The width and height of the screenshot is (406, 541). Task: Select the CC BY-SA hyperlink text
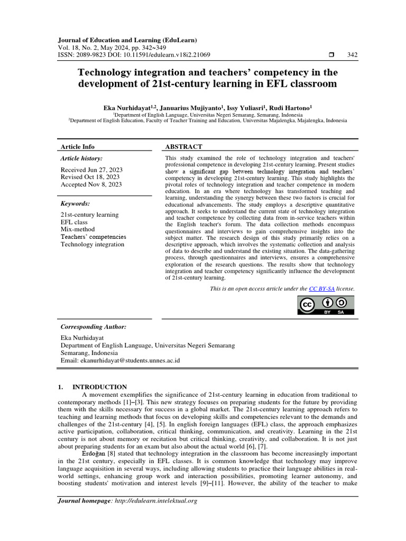coord(319,289)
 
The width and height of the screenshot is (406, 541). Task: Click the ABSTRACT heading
coord(183,147)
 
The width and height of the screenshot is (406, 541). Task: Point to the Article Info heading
coord(78,147)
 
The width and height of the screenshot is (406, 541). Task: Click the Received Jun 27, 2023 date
coord(91,169)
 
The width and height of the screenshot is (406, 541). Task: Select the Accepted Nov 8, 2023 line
coord(91,184)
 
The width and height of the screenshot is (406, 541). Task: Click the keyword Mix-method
coord(78,230)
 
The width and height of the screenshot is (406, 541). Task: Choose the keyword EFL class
coord(74,222)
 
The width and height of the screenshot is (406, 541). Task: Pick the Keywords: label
coord(75,203)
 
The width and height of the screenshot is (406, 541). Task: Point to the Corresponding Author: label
coord(93,327)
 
